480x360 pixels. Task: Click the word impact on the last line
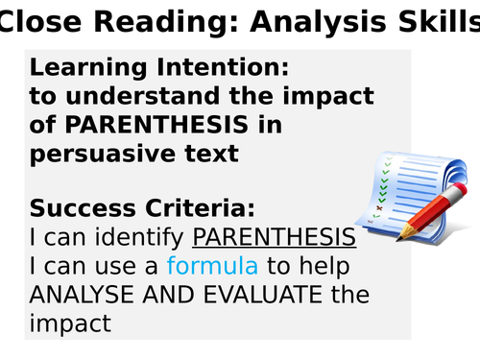[70, 324]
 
